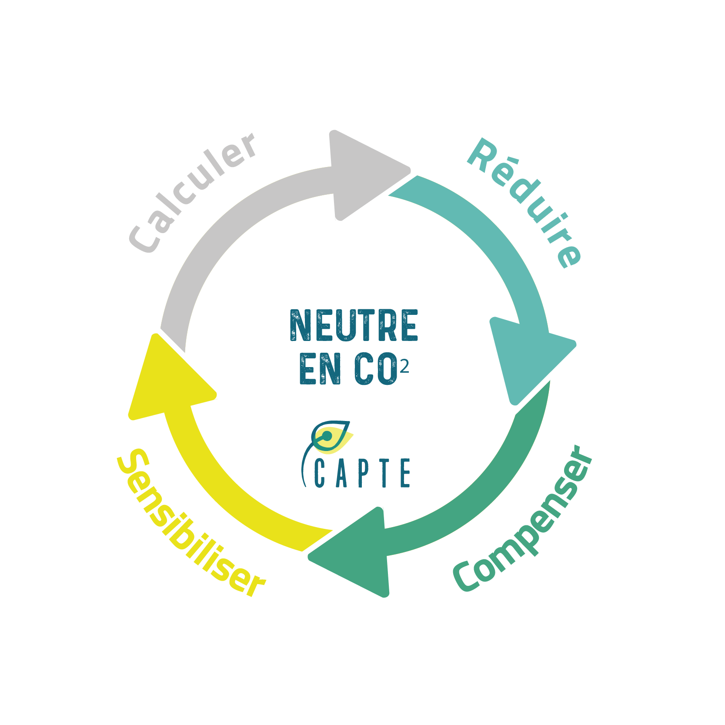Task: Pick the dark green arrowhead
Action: [x=357, y=552]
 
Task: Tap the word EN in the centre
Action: [x=320, y=369]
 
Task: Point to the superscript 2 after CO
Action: [x=404, y=368]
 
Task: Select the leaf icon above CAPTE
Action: [x=331, y=437]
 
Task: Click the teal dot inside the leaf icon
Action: [x=327, y=435]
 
